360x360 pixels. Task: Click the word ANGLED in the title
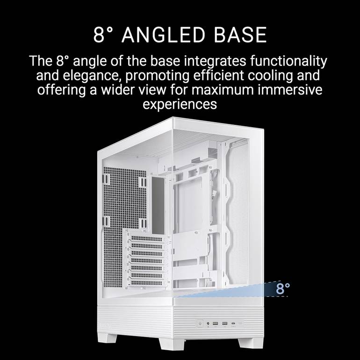[x=163, y=35]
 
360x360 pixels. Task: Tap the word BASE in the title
[x=240, y=35]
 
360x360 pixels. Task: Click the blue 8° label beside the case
[x=283, y=288]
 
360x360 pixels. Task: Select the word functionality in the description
[x=288, y=62]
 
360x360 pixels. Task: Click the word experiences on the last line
[x=180, y=104]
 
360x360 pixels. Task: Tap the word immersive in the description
[x=290, y=90]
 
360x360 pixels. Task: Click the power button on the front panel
[x=200, y=324]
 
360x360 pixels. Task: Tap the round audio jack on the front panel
[x=208, y=324]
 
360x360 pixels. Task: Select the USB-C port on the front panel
[x=233, y=324]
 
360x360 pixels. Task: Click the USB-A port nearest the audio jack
[x=216, y=324]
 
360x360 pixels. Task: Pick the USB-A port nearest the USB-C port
[x=224, y=324]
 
